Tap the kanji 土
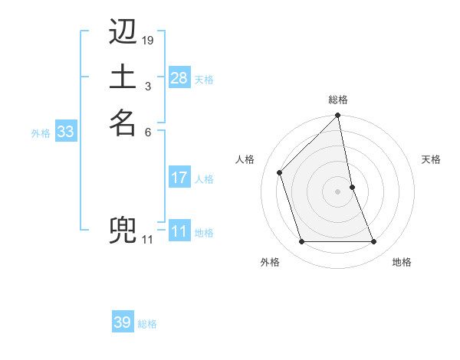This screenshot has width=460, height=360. click(x=123, y=77)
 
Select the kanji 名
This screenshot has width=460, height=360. click(x=123, y=123)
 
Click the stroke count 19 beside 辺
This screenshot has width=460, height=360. click(x=148, y=40)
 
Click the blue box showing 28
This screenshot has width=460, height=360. click(x=179, y=78)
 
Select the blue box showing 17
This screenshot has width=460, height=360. click(x=179, y=178)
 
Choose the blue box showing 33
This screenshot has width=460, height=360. click(x=65, y=132)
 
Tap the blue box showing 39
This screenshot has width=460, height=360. click(x=122, y=322)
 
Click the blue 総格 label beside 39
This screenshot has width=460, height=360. click(x=147, y=324)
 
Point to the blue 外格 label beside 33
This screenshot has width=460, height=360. click(x=41, y=133)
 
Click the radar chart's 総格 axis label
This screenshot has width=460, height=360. click(x=338, y=100)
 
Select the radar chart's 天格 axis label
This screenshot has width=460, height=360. click(x=431, y=159)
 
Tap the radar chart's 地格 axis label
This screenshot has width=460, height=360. click(x=402, y=262)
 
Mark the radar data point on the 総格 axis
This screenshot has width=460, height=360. click(x=338, y=116)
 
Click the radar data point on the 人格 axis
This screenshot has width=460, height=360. click(x=280, y=172)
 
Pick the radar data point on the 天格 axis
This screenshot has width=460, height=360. click(x=352, y=187)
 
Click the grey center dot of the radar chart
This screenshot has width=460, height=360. click(x=338, y=191)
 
